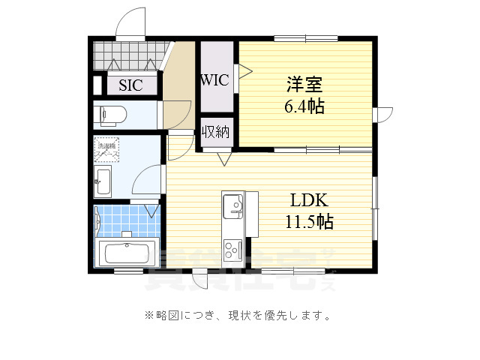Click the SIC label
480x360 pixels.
pyautogui.click(x=130, y=85)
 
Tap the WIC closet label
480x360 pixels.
pyautogui.click(x=214, y=80)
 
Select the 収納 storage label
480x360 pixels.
pyautogui.click(x=215, y=133)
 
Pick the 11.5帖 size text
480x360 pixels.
pyautogui.click(x=308, y=222)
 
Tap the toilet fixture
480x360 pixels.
pyautogui.click(x=112, y=115)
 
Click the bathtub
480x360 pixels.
pyautogui.click(x=127, y=252)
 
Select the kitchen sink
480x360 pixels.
pyautogui.click(x=232, y=204)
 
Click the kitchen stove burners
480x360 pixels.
pyautogui.click(x=232, y=246)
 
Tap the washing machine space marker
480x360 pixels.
pyautogui.click(x=106, y=149)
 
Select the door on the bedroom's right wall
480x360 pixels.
pyautogui.click(x=383, y=114)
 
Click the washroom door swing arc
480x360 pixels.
pyautogui.click(x=146, y=180)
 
